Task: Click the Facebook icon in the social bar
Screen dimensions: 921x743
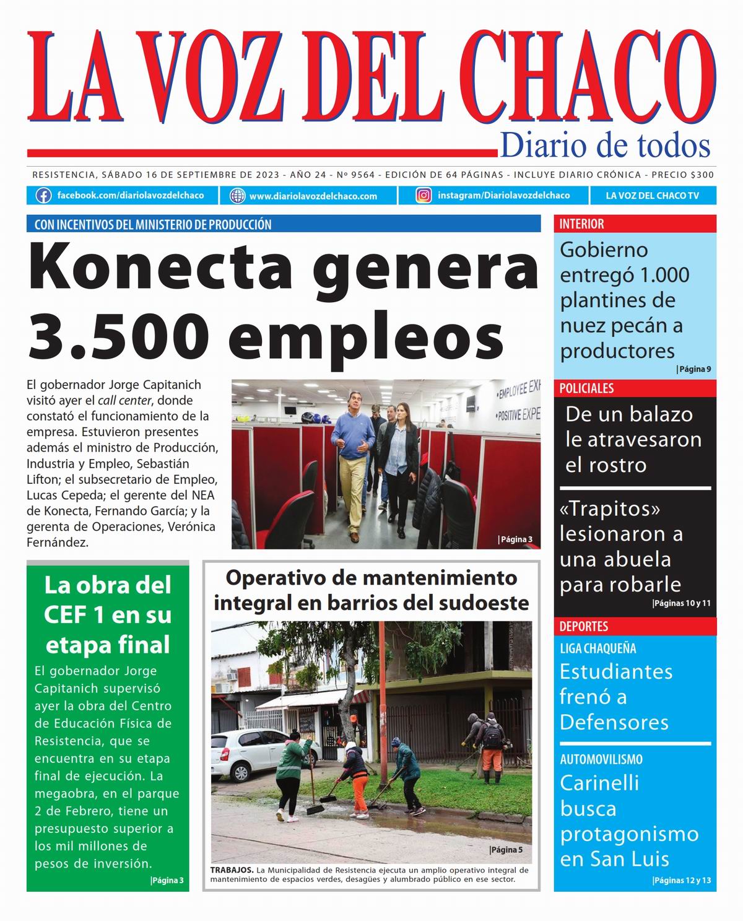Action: [43, 196]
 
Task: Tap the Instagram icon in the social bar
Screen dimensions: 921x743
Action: [424, 196]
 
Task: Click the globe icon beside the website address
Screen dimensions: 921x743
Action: [237, 196]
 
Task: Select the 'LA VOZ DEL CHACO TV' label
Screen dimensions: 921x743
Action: [652, 196]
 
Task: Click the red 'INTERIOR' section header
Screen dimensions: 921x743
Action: [581, 224]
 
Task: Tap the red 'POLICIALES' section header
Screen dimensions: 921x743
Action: [586, 388]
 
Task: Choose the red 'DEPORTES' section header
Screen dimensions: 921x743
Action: [583, 626]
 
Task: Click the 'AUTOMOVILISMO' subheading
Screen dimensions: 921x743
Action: [601, 759]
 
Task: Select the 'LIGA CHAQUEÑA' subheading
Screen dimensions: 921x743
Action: [597, 648]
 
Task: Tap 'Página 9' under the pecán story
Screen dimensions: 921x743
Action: [693, 369]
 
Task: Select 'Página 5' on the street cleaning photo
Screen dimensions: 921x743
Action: [506, 850]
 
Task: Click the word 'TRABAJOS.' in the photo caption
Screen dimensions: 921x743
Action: [232, 870]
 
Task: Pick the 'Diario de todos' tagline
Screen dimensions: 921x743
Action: [605, 146]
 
